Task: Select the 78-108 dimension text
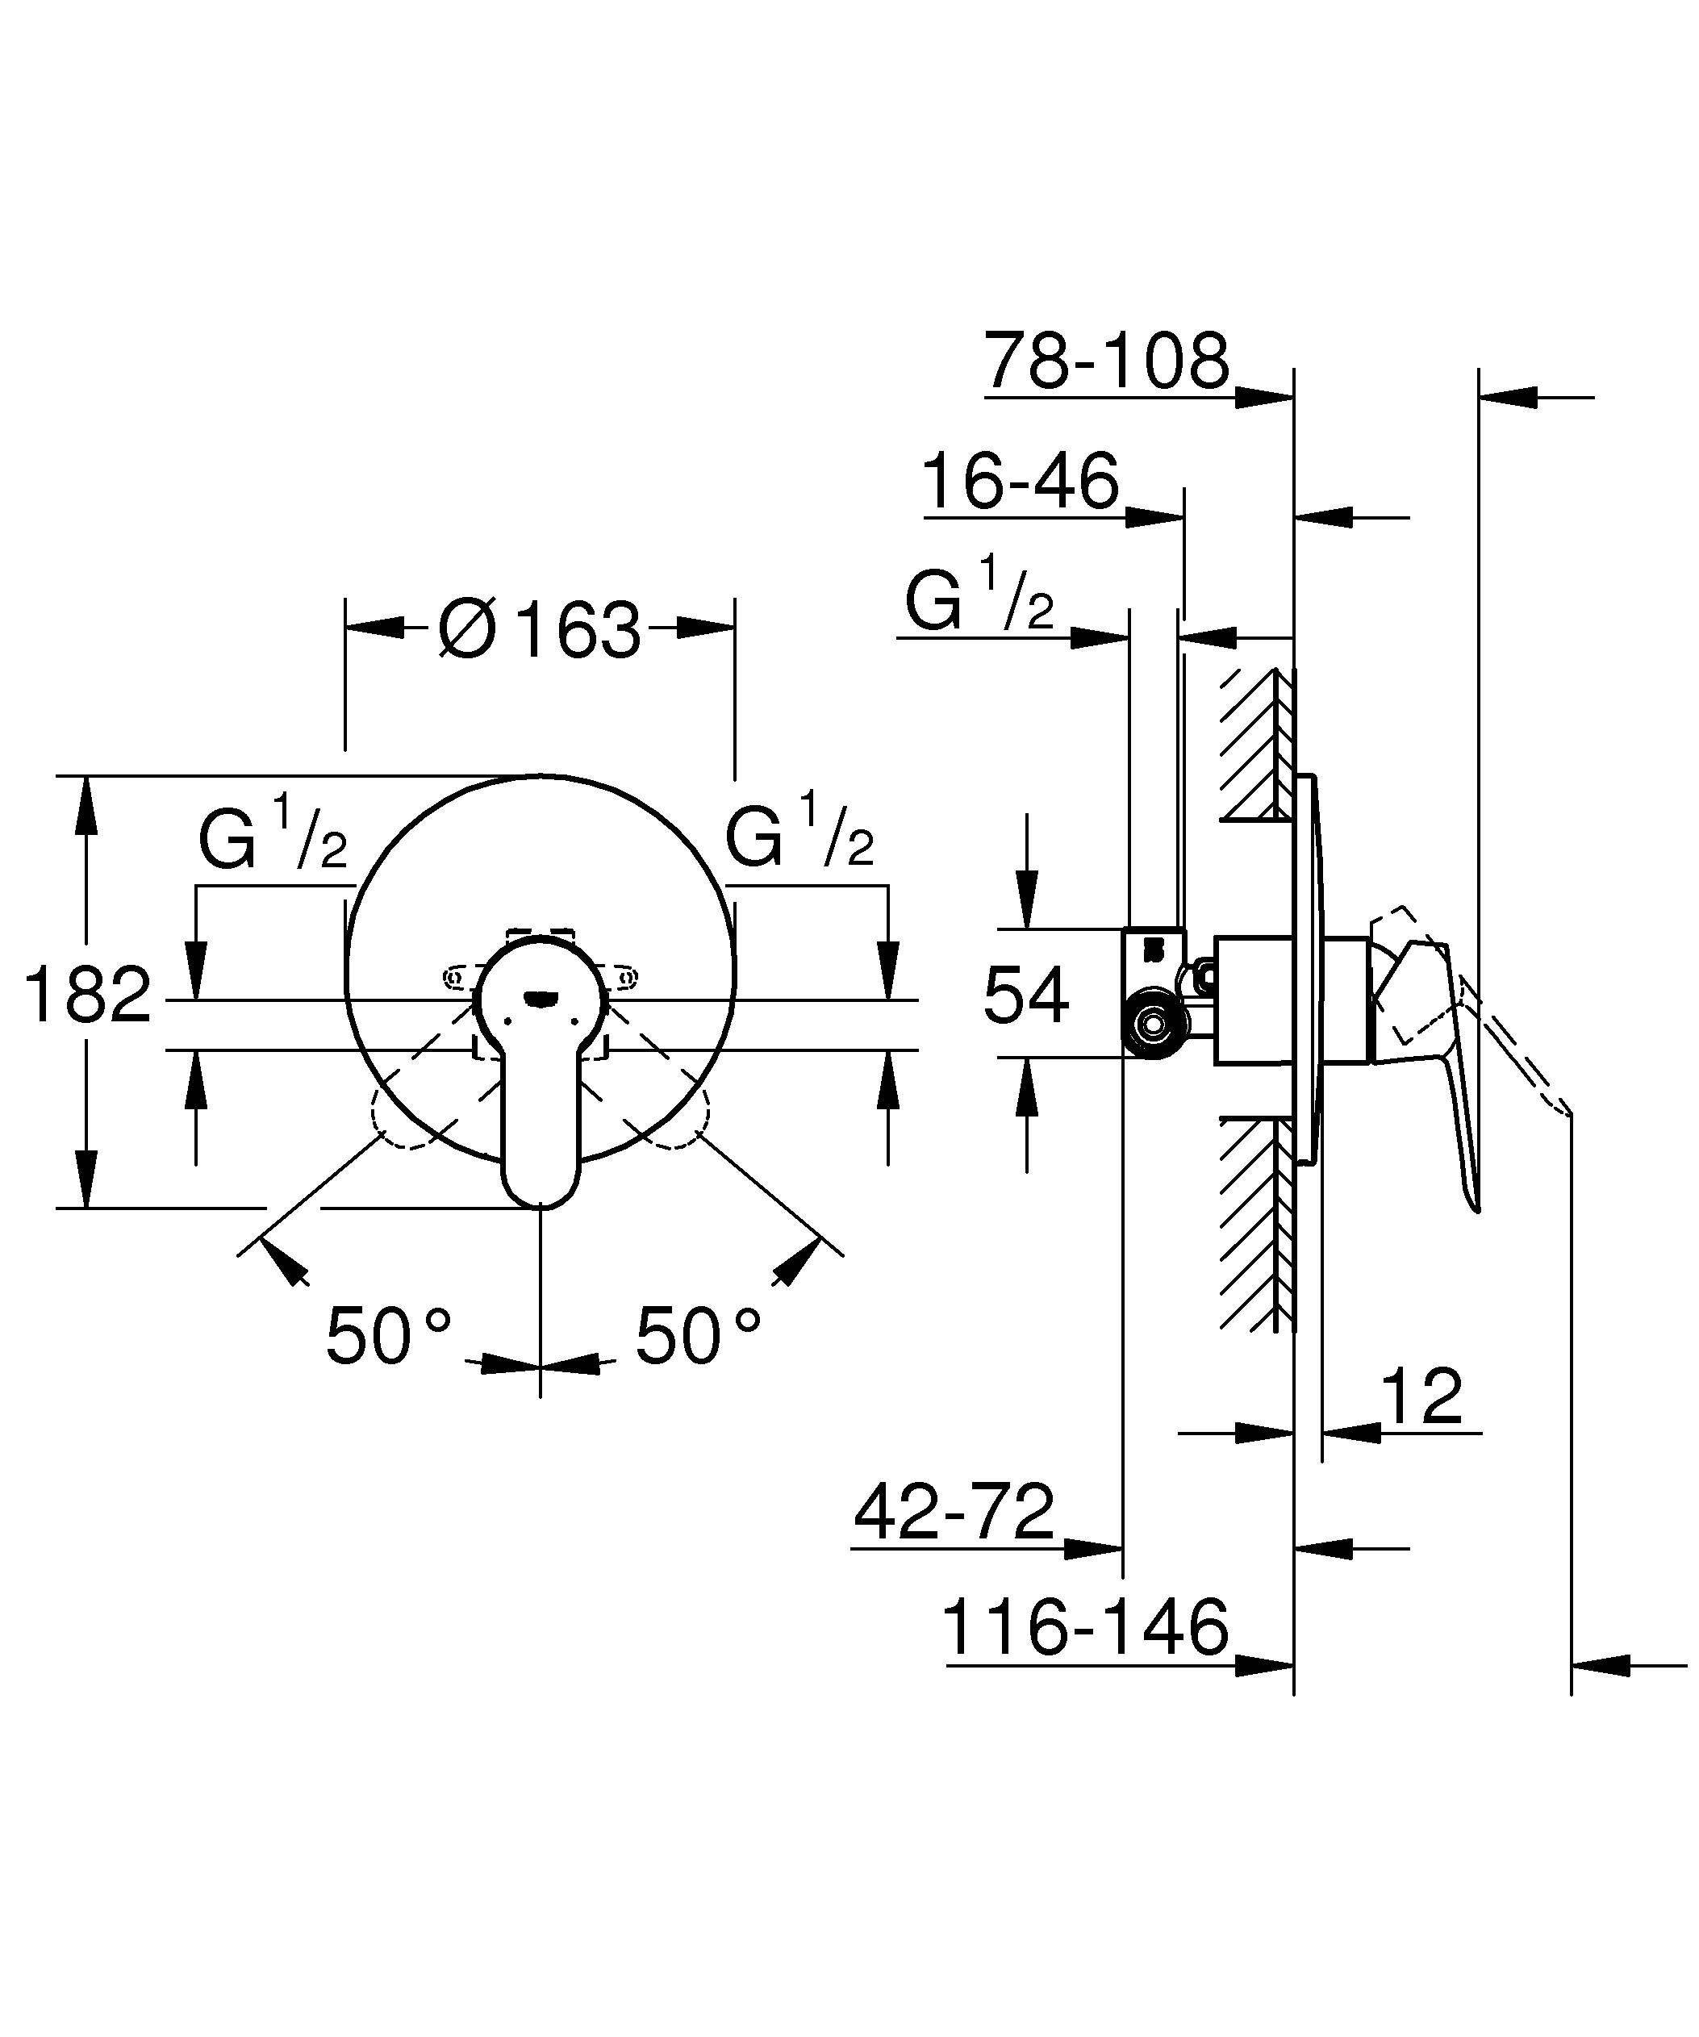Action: click(x=1105, y=361)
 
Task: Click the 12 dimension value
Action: click(x=1421, y=1396)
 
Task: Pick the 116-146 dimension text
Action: click(x=1084, y=1629)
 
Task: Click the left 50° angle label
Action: click(x=388, y=1337)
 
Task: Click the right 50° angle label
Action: click(x=697, y=1337)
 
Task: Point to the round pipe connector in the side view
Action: click(x=1153, y=1022)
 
